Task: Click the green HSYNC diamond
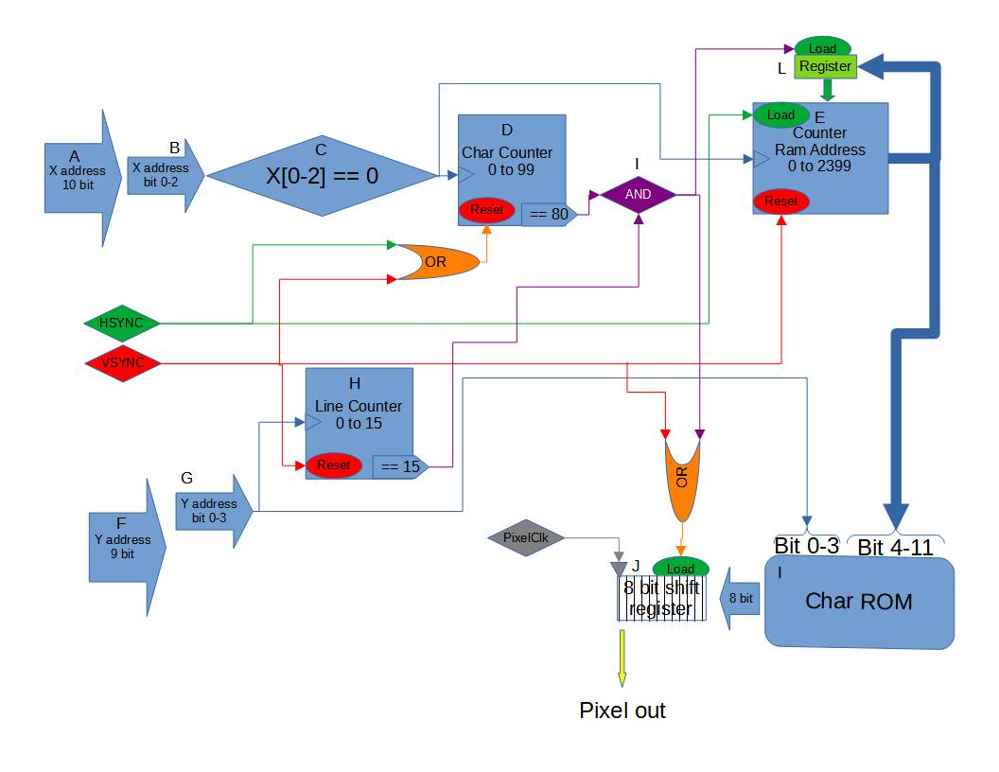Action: [x=121, y=324]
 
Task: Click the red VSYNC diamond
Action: [x=121, y=362]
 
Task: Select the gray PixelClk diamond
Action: [x=526, y=537]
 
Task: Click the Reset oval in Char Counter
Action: [x=486, y=209]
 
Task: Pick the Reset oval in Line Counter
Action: [x=333, y=465]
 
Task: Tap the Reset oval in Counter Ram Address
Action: [x=780, y=201]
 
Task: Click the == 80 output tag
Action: [x=548, y=215]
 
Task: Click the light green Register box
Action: [x=825, y=67]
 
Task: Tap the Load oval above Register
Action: [x=822, y=47]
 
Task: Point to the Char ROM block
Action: [x=858, y=602]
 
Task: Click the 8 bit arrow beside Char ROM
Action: [x=743, y=598]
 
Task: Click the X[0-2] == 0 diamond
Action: [x=320, y=176]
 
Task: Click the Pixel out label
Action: [x=622, y=711]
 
